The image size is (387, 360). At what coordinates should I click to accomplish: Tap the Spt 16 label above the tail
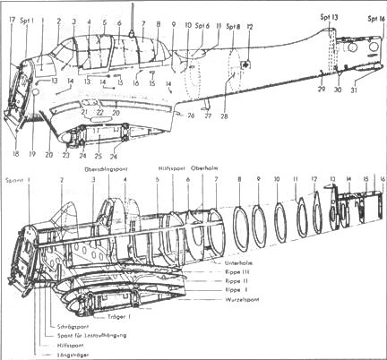[x=374, y=18]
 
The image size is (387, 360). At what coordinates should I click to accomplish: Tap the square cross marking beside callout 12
[x=247, y=63]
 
